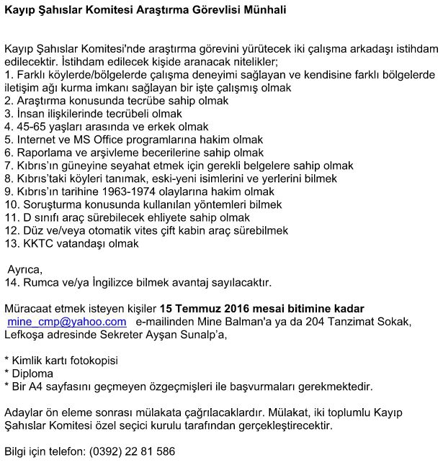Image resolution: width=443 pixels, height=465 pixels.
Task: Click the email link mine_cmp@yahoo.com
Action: [x=67, y=322]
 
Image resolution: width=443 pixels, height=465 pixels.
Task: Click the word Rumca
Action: [x=42, y=282]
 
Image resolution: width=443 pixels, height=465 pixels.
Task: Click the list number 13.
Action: [x=10, y=243]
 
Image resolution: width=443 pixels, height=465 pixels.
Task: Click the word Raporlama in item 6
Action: [x=42, y=153]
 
